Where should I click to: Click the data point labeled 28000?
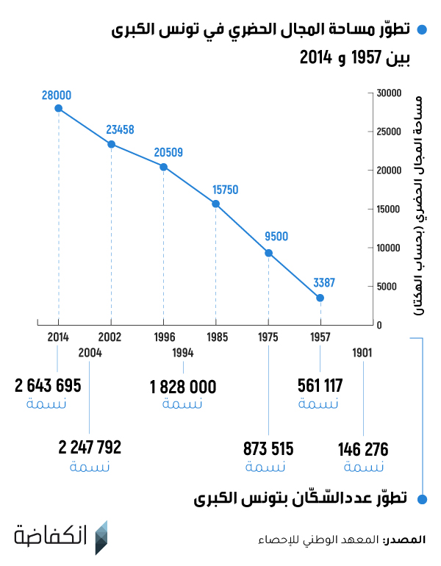pos(58,109)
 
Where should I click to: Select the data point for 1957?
pos(320,298)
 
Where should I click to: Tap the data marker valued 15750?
pos(216,204)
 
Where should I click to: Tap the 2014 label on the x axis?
pos(58,337)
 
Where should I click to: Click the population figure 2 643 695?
pos(47,386)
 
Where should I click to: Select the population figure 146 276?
pos(363,449)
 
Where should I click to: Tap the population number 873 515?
pos(268,449)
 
